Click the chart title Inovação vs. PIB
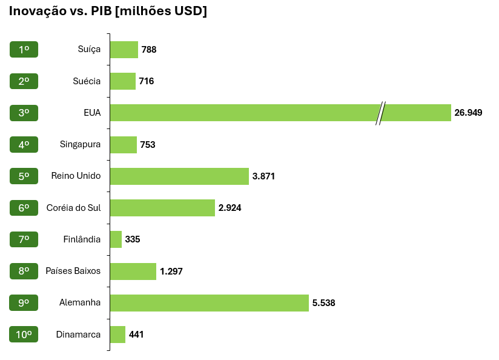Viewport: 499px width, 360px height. (x=108, y=12)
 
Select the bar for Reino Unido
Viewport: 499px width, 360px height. (x=179, y=176)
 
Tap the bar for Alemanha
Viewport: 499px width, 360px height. (x=209, y=303)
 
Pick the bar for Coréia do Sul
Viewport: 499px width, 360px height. (x=162, y=208)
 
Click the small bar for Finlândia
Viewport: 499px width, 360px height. (x=116, y=239)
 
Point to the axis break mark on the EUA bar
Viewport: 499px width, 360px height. (x=380, y=113)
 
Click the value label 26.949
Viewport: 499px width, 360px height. (x=468, y=113)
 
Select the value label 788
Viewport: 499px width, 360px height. (x=149, y=50)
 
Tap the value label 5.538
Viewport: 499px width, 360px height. (x=323, y=303)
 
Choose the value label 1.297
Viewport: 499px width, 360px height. (x=171, y=272)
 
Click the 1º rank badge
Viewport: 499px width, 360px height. (x=24, y=50)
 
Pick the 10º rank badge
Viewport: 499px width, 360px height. (x=24, y=335)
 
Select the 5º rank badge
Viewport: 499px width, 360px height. (x=24, y=176)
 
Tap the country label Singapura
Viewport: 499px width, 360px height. (x=80, y=145)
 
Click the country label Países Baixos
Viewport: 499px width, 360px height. (x=73, y=271)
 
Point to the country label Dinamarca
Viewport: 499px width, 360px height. (x=78, y=335)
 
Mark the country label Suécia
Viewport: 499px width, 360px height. (x=87, y=81)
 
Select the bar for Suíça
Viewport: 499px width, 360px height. (x=124, y=50)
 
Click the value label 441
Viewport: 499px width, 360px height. (x=136, y=335)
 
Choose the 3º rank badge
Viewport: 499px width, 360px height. (x=24, y=113)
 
